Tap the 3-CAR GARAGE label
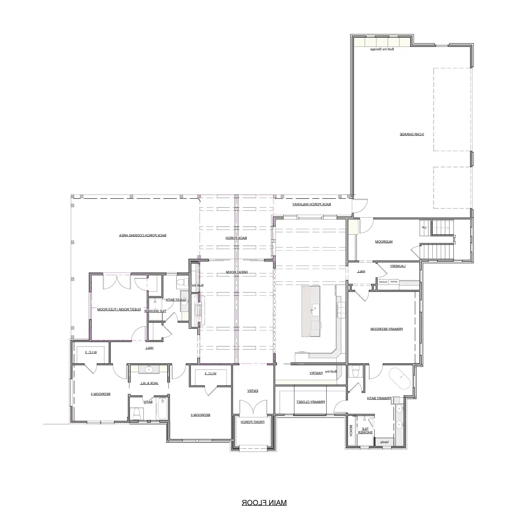[412, 134]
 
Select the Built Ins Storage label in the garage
[382, 49]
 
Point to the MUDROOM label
[384, 242]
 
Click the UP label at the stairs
[424, 228]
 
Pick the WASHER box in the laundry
[383, 282]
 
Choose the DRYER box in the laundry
[394, 282]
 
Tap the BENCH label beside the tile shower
[351, 431]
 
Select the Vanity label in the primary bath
[384, 442]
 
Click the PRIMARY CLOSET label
[311, 402]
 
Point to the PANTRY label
[316, 373]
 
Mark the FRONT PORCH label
[252, 422]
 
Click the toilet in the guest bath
[181, 282]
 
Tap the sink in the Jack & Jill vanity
[149, 369]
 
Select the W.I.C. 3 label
[91, 352]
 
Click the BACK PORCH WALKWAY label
[311, 204]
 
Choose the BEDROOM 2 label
[201, 415]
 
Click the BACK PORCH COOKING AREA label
[142, 235]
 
